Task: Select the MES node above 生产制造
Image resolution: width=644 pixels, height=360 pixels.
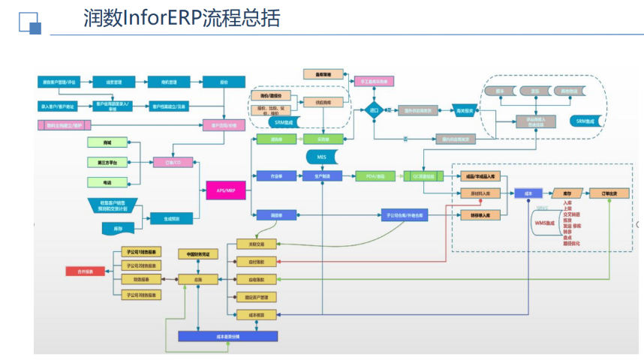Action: coord(322,157)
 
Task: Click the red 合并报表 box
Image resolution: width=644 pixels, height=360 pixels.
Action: coord(83,271)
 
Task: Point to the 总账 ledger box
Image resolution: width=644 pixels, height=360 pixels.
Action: coord(197,279)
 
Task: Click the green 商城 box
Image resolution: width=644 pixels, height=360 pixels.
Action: coord(107,141)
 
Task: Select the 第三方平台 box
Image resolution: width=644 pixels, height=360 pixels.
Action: coord(107,161)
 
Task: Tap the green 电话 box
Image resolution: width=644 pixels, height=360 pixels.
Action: coord(107,181)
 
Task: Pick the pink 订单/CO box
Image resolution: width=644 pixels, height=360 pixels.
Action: coord(167,161)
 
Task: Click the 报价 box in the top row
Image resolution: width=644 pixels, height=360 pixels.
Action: coord(224,82)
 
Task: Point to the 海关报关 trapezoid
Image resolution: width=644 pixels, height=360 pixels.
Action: coord(465,110)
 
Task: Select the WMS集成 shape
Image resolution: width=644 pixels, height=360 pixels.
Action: coord(545,223)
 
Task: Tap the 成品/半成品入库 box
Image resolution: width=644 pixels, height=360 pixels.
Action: coord(480,175)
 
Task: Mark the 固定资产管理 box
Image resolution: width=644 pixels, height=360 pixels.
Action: coord(257,297)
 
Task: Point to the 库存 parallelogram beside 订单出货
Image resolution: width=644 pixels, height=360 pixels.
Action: coord(567,193)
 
